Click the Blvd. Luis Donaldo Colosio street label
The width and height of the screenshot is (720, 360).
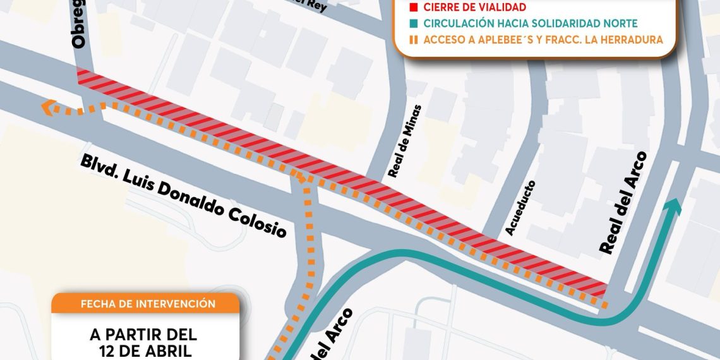(x=183, y=196)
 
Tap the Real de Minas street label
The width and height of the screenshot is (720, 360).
(x=404, y=141)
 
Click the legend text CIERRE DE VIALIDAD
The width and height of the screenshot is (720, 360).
(x=475, y=8)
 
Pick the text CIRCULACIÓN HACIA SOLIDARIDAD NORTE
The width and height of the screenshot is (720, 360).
(x=531, y=23)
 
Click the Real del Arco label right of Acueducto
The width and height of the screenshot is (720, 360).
(x=623, y=203)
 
